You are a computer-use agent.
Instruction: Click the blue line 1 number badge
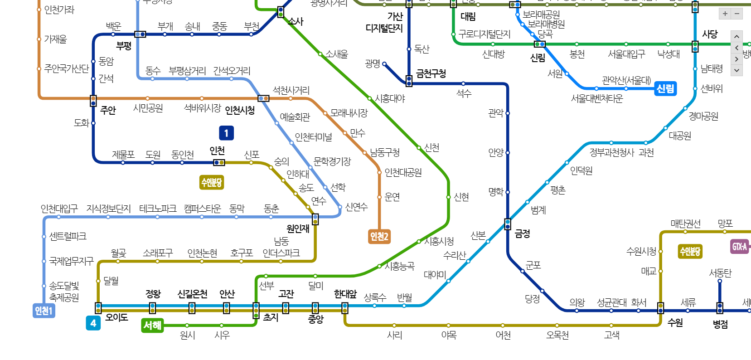coord(226,133)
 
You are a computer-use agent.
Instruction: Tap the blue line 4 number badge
coord(93,323)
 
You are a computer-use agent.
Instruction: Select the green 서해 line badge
coord(152,325)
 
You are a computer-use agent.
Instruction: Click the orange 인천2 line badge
coord(379,236)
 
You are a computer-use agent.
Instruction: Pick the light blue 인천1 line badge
coord(44,311)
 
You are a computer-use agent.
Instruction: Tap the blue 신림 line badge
coord(665,88)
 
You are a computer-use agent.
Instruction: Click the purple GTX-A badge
coord(740,247)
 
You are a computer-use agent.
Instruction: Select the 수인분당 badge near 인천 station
coord(212,182)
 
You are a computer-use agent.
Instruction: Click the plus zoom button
coord(725,14)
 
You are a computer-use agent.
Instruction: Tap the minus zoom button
coord(737,14)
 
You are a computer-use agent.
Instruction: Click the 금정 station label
coord(523,234)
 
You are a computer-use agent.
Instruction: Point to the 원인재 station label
coord(298,229)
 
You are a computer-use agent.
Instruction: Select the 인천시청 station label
coord(240,110)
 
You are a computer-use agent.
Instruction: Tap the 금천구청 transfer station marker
coord(409,81)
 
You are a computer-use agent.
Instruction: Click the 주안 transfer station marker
coord(93,101)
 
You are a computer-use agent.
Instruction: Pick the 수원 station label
coord(675,322)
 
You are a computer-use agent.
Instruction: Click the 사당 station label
coord(710,34)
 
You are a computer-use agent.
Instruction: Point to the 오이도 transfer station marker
coord(98,308)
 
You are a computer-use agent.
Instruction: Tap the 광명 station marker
coord(384,64)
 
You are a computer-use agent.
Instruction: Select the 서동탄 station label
coord(720,273)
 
